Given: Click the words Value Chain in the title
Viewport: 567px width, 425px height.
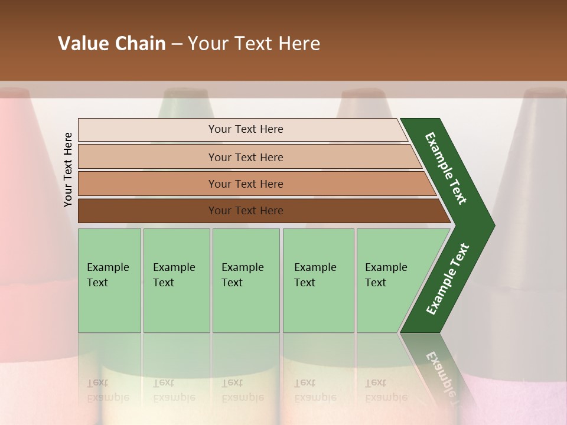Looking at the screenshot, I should (112, 44).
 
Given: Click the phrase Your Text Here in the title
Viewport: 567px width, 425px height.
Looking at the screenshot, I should (254, 44).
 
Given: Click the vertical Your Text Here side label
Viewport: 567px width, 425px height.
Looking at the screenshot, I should (68, 169).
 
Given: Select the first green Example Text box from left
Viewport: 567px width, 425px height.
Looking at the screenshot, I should (109, 280).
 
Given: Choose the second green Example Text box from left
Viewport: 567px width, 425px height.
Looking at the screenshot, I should (176, 280).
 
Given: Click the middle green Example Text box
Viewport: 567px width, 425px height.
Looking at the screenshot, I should (246, 280).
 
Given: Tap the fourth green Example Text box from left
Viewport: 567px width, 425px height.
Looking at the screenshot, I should (318, 280).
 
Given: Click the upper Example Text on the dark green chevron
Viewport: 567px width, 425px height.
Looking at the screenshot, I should (446, 168).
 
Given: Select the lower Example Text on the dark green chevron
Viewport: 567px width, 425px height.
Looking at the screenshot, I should (447, 279).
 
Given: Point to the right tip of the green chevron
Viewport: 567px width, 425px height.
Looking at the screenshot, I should (493, 225).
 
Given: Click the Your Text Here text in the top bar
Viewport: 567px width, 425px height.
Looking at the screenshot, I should (246, 129).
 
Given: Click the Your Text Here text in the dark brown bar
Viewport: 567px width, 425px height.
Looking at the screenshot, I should (246, 211).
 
